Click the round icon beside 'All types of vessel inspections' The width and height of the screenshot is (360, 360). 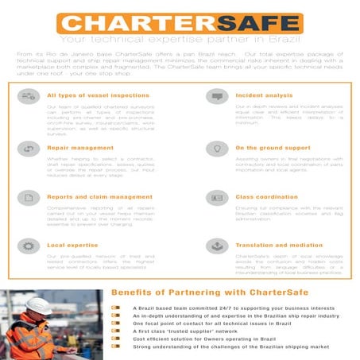(x=29, y=96)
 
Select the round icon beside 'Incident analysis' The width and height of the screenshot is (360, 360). (x=216, y=96)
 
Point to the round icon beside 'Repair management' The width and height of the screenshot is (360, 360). (x=29, y=149)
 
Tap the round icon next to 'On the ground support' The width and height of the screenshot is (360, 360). (x=216, y=149)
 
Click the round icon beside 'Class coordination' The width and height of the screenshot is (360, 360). (x=216, y=197)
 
